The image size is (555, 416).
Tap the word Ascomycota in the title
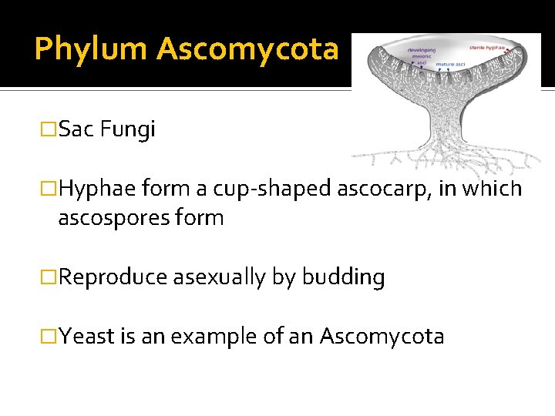click(247, 49)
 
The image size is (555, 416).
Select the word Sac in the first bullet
click(75, 129)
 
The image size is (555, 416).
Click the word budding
click(343, 277)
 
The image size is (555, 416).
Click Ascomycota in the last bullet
click(382, 337)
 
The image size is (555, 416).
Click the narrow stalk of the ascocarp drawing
click(444, 123)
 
